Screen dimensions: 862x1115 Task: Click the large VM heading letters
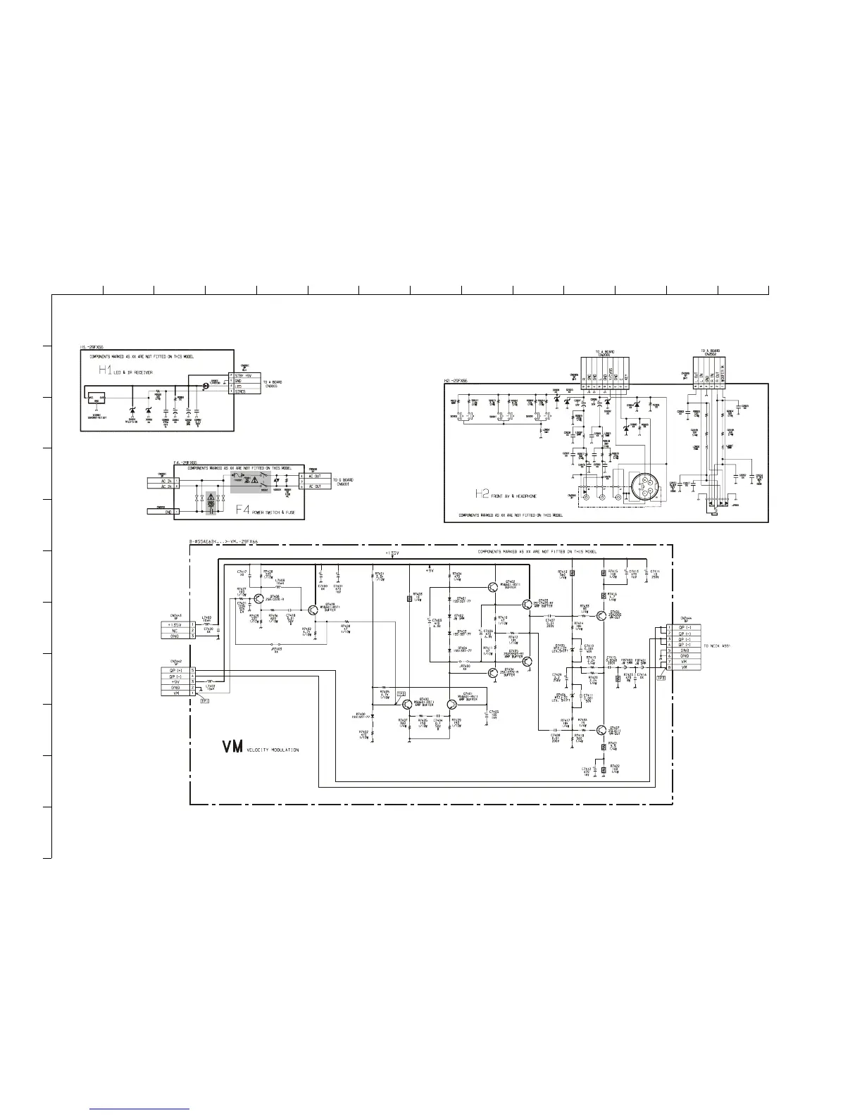pos(232,746)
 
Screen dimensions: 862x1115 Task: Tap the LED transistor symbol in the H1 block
pos(206,386)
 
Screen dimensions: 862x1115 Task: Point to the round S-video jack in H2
pos(643,487)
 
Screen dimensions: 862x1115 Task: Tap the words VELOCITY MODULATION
pos(273,750)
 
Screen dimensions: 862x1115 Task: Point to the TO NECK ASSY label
pos(718,645)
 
